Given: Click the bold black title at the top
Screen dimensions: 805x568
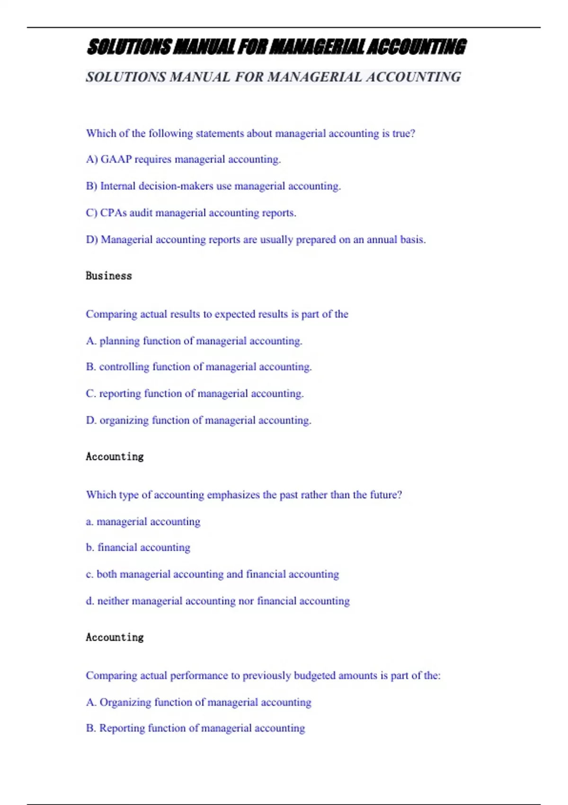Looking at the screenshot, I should pos(276,47).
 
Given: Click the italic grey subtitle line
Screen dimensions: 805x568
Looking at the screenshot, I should pos(273,77).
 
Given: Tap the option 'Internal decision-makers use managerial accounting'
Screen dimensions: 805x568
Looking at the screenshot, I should pos(213,186).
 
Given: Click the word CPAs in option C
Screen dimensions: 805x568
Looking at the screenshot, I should pos(113,213).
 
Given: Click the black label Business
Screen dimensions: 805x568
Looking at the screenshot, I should pos(109,276).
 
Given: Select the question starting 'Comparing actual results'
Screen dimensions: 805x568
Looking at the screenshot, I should pos(217,314).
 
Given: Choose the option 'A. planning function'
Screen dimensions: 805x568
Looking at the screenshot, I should pos(194,341).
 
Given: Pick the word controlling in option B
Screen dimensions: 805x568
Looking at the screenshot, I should pos(124,367).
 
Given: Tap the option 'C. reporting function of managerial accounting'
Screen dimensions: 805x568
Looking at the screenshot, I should pos(195,394).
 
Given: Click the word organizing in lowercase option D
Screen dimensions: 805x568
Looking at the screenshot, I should pos(124,420).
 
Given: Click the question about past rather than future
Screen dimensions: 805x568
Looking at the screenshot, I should pos(244,495).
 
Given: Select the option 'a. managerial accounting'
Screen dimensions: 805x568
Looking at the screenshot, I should pos(143,522).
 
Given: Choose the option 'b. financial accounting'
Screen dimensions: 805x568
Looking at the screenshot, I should pos(138,547).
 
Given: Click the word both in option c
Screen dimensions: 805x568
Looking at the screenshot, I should pos(106,574).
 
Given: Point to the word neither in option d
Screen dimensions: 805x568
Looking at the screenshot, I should pos(113,601).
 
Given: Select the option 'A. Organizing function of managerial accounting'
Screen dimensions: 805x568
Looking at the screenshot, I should pos(198,702).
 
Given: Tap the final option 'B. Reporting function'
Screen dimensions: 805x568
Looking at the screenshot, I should pos(195,728).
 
